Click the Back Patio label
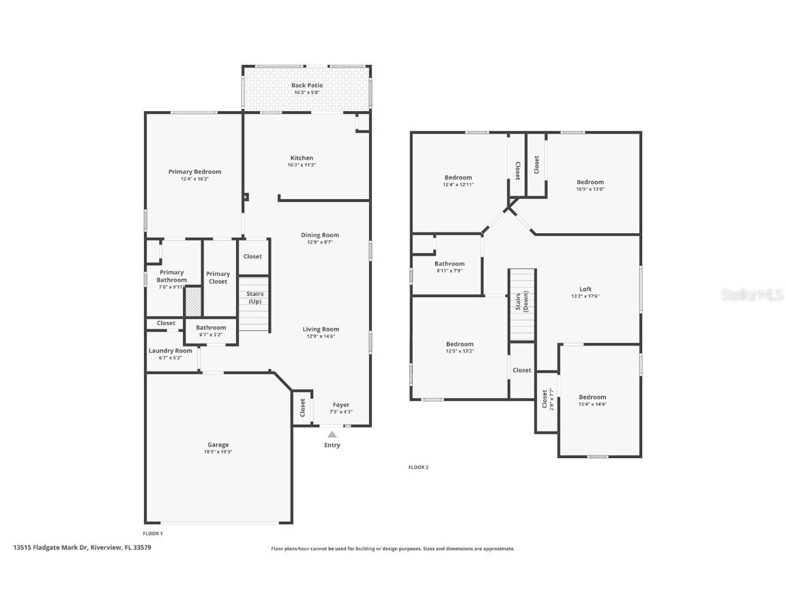tap(306, 85)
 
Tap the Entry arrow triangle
tap(332, 434)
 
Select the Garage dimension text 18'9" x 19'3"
tap(218, 452)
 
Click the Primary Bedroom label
tap(194, 172)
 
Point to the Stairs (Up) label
tap(254, 297)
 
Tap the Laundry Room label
tap(171, 351)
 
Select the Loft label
tap(585, 289)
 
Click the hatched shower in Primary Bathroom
tap(194, 301)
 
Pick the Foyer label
tap(340, 405)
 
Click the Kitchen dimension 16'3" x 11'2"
tap(302, 165)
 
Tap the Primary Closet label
tap(218, 277)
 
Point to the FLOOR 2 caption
tap(418, 467)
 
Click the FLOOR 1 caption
tap(153, 533)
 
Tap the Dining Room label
tap(320, 235)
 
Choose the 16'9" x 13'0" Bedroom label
tap(590, 182)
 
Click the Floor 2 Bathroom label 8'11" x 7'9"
tap(449, 264)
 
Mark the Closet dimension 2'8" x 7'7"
tap(550, 399)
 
